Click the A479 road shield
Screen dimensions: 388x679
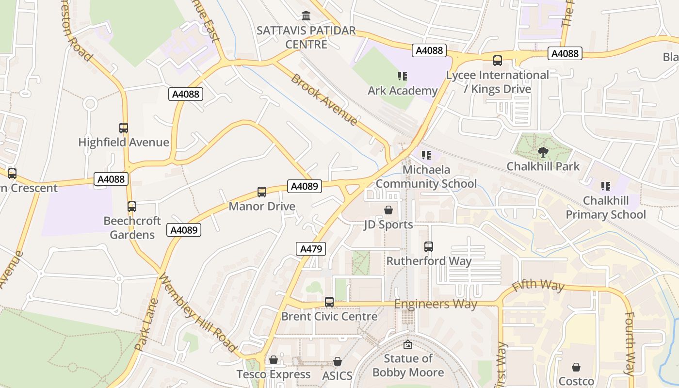[311, 249]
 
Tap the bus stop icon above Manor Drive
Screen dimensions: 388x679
[262, 192]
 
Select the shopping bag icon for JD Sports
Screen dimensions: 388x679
[388, 210]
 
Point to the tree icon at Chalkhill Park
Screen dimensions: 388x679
[543, 152]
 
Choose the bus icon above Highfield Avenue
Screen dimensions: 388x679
[124, 128]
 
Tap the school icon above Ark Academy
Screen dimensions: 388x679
[402, 76]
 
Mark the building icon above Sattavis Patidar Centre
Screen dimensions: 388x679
[306, 16]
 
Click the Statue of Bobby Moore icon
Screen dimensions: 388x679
[408, 344]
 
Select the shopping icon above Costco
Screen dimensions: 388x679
[576, 367]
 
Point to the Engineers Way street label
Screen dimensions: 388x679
[436, 304]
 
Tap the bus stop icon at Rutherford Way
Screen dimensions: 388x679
[429, 247]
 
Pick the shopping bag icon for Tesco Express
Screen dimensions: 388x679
[274, 360]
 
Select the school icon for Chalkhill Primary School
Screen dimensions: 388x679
[605, 186]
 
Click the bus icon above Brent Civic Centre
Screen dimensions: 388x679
[329, 302]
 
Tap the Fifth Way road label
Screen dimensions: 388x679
[538, 285]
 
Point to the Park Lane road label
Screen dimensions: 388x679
[146, 324]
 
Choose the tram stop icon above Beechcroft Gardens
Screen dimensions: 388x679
[132, 207]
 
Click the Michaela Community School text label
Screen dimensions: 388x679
[426, 177]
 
